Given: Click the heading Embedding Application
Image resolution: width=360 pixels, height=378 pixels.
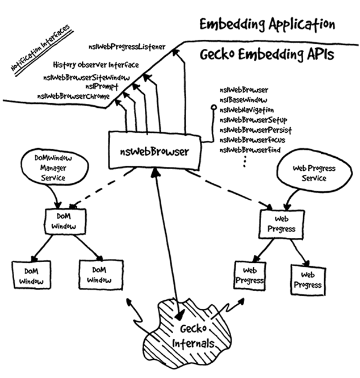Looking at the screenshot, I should click(266, 26).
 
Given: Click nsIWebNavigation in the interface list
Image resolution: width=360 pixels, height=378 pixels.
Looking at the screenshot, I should click(247, 110).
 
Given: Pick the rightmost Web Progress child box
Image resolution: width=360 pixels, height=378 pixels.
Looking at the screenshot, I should click(307, 279).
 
